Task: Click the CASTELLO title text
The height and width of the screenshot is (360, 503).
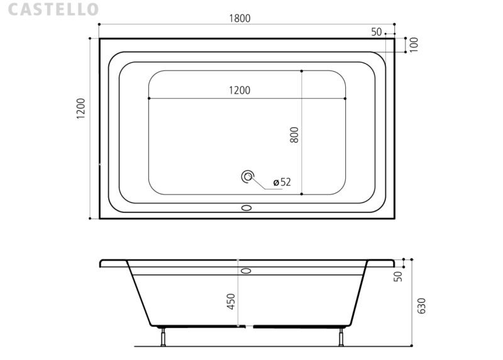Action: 53,9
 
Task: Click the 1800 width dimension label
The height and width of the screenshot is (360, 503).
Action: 240,18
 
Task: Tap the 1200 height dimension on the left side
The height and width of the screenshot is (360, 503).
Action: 81,108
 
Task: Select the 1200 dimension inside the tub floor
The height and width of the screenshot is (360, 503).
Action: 240,90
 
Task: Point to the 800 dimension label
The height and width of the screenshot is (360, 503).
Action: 294,135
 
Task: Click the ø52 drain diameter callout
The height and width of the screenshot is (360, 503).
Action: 282,182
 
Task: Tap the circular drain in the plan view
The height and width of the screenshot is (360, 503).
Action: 247,176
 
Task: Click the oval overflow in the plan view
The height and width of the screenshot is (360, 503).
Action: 246,208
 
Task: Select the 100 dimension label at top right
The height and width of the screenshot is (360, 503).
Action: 414,45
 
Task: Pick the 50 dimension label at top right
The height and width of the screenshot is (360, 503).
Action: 377,32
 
